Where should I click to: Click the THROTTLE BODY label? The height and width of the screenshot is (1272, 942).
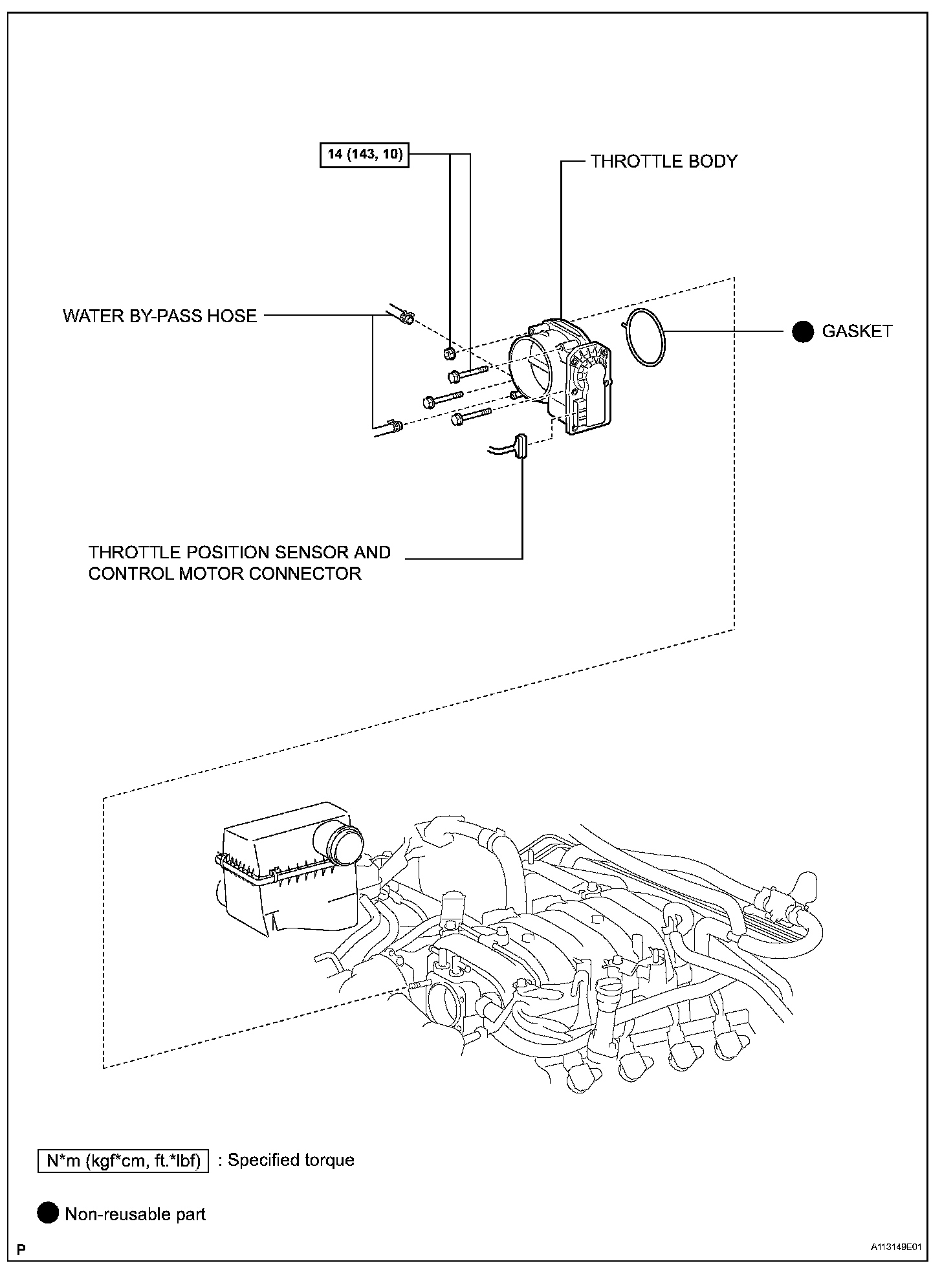tap(664, 161)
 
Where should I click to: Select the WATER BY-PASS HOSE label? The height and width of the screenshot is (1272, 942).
tap(160, 316)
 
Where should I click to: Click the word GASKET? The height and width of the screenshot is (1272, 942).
tap(857, 331)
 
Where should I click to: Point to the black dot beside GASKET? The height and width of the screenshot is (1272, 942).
tap(803, 331)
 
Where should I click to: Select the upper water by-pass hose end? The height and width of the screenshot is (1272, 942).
tap(406, 317)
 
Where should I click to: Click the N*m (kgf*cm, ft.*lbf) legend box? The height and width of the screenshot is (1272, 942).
tap(123, 1160)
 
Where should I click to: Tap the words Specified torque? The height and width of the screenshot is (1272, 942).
tap(290, 1160)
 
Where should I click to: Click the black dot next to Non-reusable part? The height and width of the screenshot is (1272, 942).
tap(48, 1214)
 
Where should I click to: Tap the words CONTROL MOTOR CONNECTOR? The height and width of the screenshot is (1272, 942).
tap(225, 573)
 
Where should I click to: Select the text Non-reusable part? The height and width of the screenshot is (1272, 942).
tap(135, 1214)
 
